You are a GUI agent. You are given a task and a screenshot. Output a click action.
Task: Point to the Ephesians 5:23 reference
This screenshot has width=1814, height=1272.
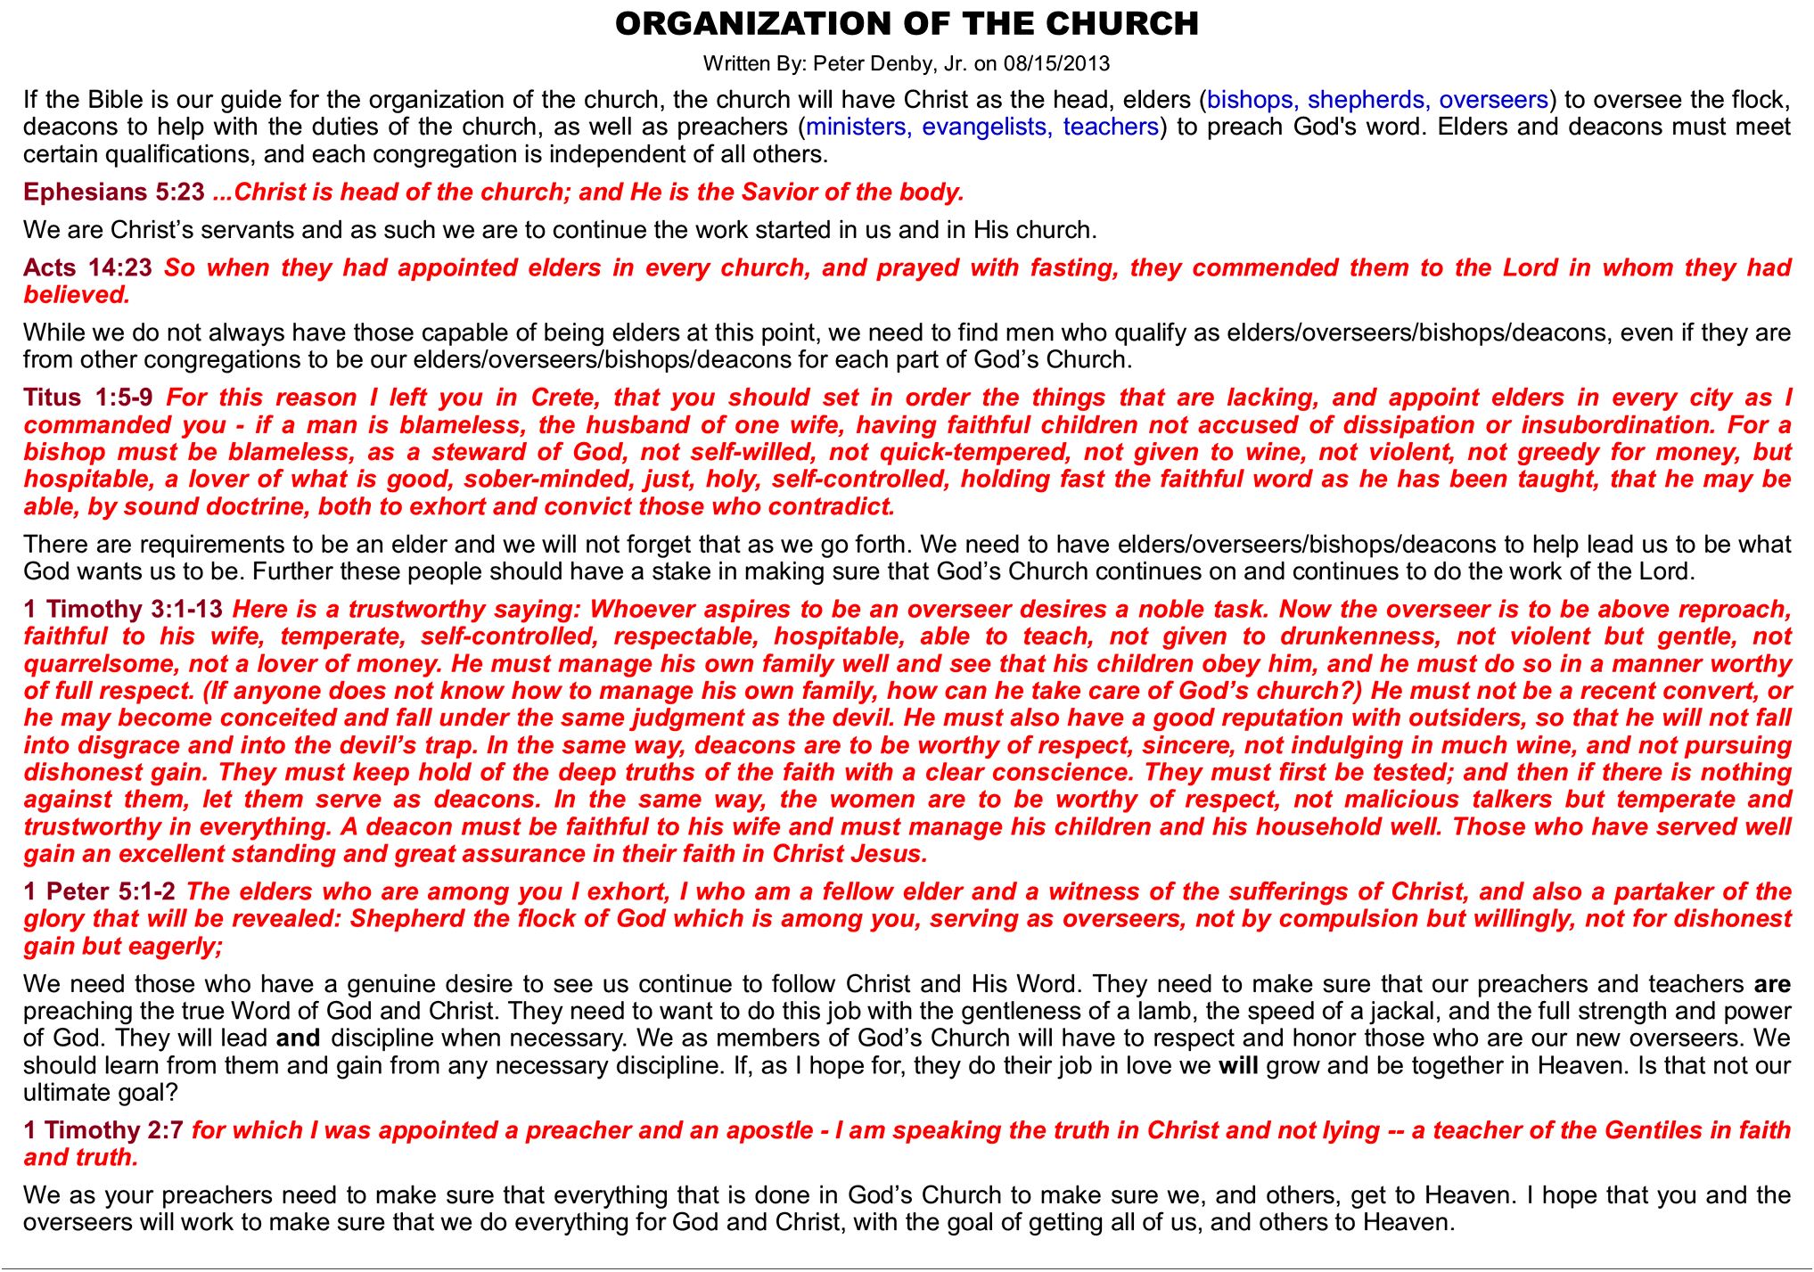tap(114, 192)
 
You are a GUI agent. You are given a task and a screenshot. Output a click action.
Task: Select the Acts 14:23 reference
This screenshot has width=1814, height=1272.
tap(88, 267)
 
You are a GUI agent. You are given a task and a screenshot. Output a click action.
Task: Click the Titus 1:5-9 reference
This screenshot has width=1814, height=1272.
tap(88, 398)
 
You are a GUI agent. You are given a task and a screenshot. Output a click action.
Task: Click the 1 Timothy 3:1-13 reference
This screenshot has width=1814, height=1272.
tap(123, 610)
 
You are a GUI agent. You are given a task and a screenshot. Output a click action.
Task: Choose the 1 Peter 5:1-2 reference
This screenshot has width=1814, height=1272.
tap(100, 891)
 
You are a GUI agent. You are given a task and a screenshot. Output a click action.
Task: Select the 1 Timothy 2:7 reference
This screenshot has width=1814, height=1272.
tap(103, 1130)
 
